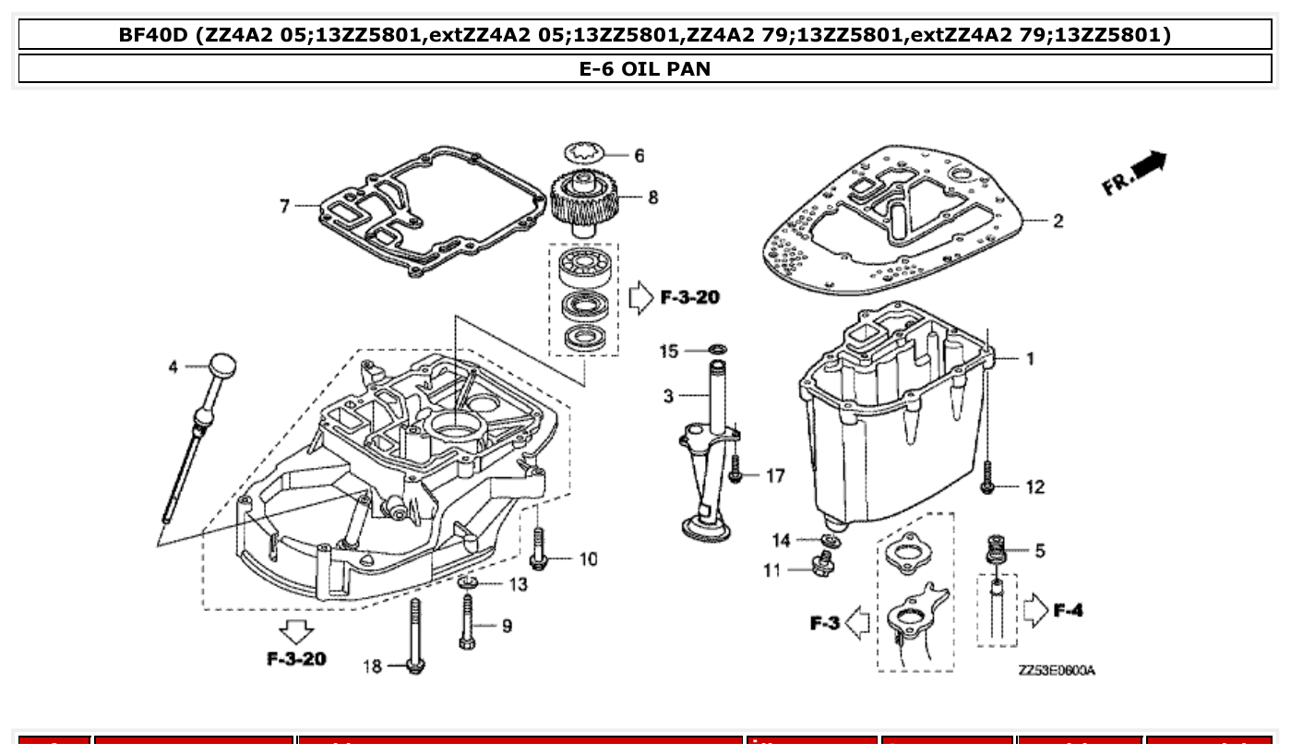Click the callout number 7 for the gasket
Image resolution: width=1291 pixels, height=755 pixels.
click(286, 206)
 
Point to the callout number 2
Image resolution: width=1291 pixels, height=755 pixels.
click(1058, 221)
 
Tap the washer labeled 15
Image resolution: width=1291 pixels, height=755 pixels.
click(717, 350)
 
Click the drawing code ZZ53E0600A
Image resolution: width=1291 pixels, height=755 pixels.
click(1057, 671)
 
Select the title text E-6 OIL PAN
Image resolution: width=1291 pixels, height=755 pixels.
click(645, 68)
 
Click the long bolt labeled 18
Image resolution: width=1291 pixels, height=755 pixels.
click(414, 637)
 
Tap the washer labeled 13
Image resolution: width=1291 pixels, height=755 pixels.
click(468, 582)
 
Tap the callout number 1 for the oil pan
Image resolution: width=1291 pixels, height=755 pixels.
click(1031, 358)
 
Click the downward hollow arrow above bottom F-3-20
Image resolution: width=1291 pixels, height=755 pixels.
click(297, 632)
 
